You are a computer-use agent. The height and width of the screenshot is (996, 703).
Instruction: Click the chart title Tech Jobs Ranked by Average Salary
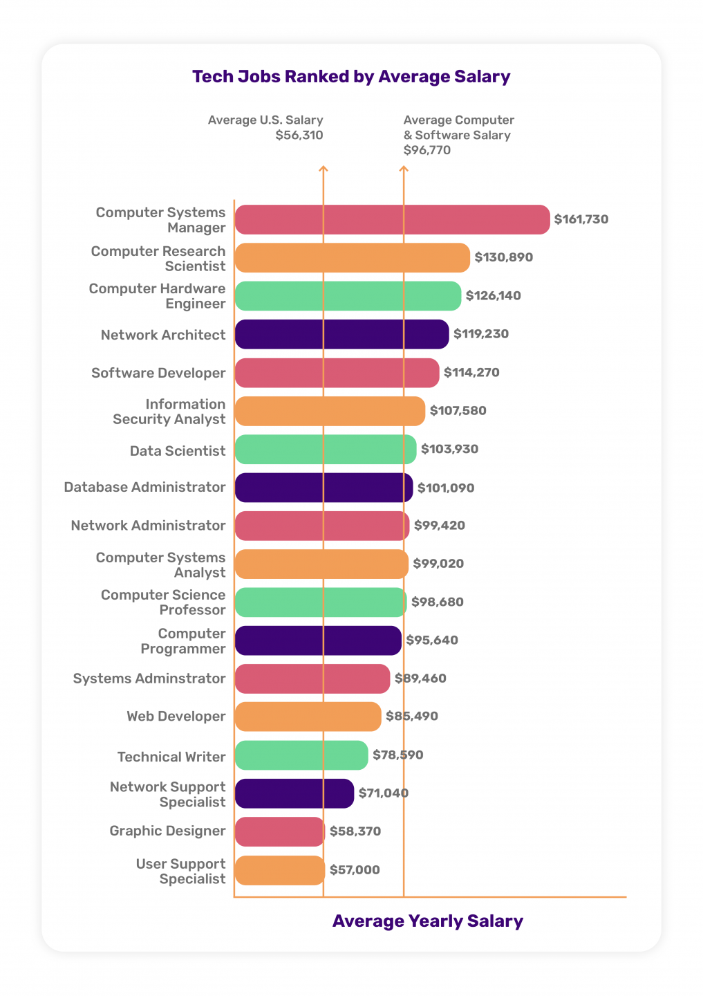point(351,77)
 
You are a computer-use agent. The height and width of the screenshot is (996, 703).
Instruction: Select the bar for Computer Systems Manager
point(392,219)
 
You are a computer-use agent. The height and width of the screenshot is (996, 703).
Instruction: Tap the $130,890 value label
point(503,257)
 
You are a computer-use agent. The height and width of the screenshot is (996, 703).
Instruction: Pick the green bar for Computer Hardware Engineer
point(348,296)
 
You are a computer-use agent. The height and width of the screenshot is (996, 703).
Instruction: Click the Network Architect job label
point(163,335)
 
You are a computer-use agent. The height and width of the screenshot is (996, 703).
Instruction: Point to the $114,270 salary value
point(471,372)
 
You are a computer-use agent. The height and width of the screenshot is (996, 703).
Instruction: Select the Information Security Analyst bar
point(330,411)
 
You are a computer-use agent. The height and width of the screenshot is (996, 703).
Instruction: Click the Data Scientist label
point(178,451)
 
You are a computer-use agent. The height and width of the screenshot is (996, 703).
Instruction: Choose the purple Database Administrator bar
point(324,488)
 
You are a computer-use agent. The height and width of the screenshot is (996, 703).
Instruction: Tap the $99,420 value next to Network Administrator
point(440,526)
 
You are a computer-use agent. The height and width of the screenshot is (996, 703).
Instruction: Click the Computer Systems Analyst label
point(161,565)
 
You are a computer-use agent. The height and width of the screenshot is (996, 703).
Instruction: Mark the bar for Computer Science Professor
point(320,602)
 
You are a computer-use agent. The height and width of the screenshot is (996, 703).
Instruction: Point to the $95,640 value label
point(432,640)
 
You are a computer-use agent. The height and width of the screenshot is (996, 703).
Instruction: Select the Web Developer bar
point(308,717)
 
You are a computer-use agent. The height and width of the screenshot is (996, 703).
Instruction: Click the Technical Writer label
point(171,757)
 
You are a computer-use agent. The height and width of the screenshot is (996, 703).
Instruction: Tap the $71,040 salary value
point(384,793)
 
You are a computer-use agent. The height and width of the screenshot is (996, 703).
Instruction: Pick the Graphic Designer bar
point(279,831)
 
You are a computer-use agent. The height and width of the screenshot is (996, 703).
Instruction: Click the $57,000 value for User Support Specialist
point(355,870)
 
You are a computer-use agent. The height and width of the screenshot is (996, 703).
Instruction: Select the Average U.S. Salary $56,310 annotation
point(266,127)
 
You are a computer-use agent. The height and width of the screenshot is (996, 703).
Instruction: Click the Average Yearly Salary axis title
point(428,921)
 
